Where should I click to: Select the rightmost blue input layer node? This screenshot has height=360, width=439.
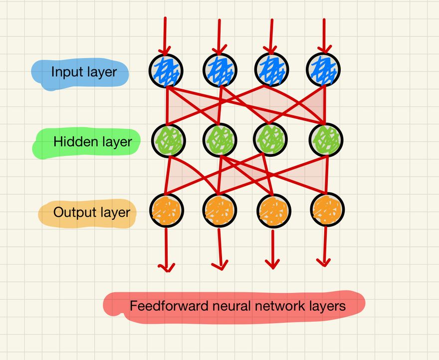323,70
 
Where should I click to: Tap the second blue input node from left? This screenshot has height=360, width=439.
219,70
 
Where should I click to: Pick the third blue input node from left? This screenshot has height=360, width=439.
271,70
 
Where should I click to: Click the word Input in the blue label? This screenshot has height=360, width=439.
64,72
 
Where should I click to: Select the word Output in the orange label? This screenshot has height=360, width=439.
70,212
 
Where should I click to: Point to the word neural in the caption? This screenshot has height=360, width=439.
224,306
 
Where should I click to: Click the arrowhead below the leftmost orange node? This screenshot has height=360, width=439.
167,268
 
